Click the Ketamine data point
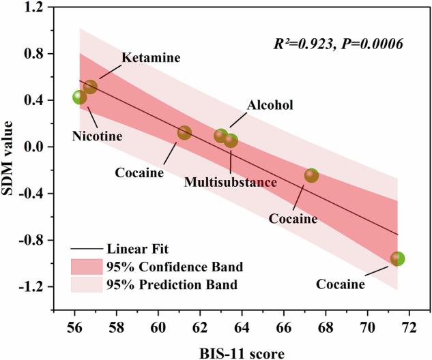(90, 87)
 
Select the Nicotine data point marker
(80, 97)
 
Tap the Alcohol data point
(221, 136)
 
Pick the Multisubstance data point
(231, 140)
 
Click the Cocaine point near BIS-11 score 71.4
(397, 259)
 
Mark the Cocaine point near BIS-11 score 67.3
(311, 176)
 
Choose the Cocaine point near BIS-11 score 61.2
(184, 132)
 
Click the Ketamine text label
(151, 58)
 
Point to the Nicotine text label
(97, 136)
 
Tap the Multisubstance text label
(231, 182)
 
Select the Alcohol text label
(270, 105)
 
